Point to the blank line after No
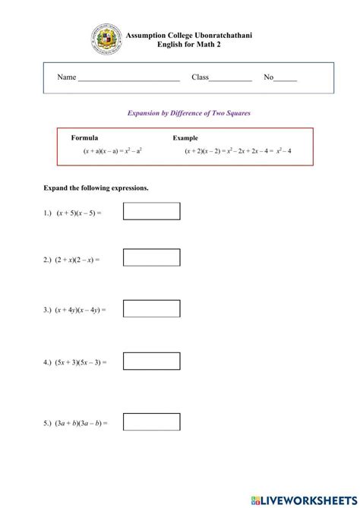click(286, 79)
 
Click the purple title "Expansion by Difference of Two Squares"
click(188, 112)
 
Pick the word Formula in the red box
click(84, 138)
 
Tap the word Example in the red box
click(185, 138)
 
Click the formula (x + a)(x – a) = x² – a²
click(112, 151)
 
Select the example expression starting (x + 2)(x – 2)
click(238, 151)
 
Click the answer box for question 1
click(151, 211)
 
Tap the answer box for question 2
click(151, 258)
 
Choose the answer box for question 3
click(151, 308)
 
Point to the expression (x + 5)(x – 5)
click(78, 213)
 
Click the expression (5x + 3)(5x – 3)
click(81, 361)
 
